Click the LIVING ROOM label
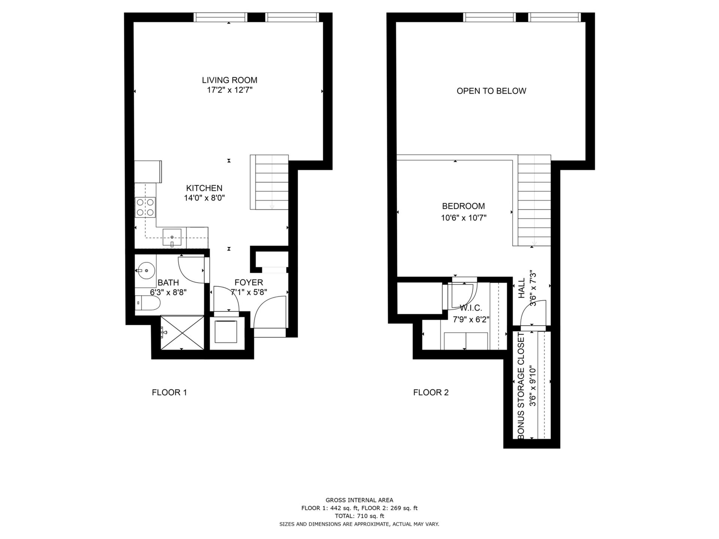tap(230, 80)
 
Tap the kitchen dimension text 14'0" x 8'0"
tap(204, 198)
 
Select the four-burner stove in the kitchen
tap(145, 207)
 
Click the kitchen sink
tap(172, 237)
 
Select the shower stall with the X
tap(183, 333)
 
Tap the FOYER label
tap(249, 283)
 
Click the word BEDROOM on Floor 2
tap(463, 206)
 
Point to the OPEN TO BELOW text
tap(491, 91)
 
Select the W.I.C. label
tap(471, 308)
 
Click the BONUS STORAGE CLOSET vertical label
tap(521, 385)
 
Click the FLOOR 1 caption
tap(169, 393)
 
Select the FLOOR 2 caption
tap(431, 393)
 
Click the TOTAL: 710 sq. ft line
tap(359, 516)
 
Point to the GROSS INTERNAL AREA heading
tap(359, 500)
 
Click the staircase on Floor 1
tap(269, 182)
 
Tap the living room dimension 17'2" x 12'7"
tap(230, 90)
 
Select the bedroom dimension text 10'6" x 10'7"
tap(464, 218)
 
